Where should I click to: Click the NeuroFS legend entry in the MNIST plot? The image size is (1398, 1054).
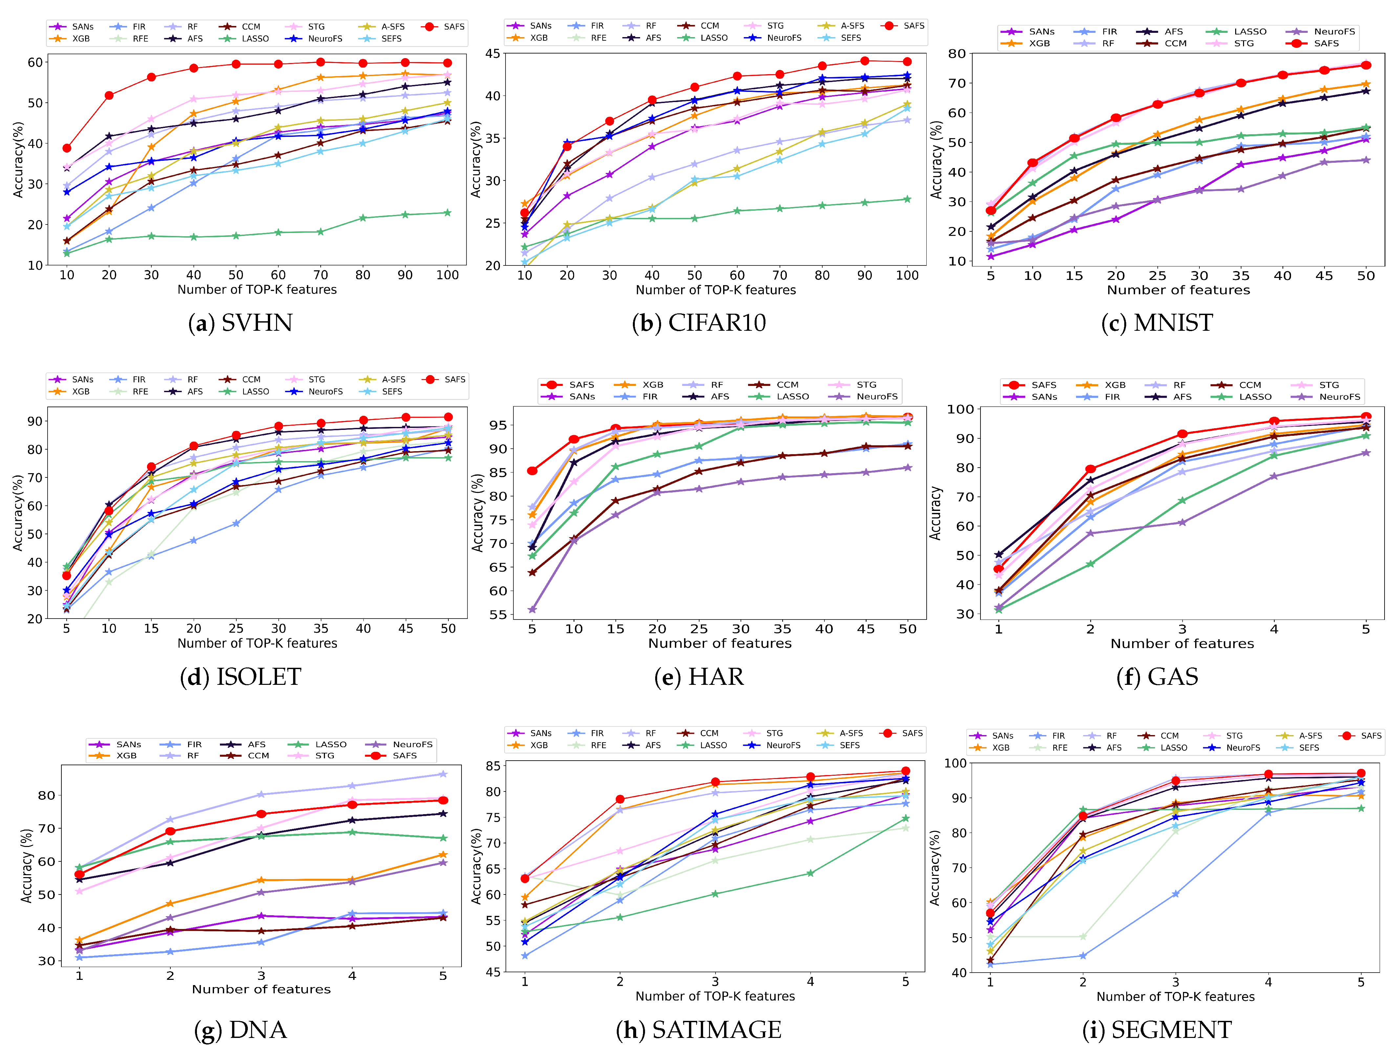click(x=1334, y=32)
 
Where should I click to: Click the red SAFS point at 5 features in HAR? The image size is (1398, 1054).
click(x=532, y=471)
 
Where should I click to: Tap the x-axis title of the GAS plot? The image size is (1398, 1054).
click(x=1182, y=644)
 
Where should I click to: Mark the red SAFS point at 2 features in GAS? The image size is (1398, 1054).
click(x=1090, y=469)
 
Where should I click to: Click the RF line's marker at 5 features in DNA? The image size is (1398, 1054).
click(x=443, y=774)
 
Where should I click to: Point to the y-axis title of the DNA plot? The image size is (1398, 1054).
click(x=27, y=866)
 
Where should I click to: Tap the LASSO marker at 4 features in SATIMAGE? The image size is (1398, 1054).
click(x=810, y=873)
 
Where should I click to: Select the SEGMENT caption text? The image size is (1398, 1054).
click(x=1156, y=1030)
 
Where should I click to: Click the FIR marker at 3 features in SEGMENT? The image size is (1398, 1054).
click(x=1175, y=894)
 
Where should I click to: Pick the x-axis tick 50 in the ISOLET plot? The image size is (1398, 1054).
click(x=448, y=629)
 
